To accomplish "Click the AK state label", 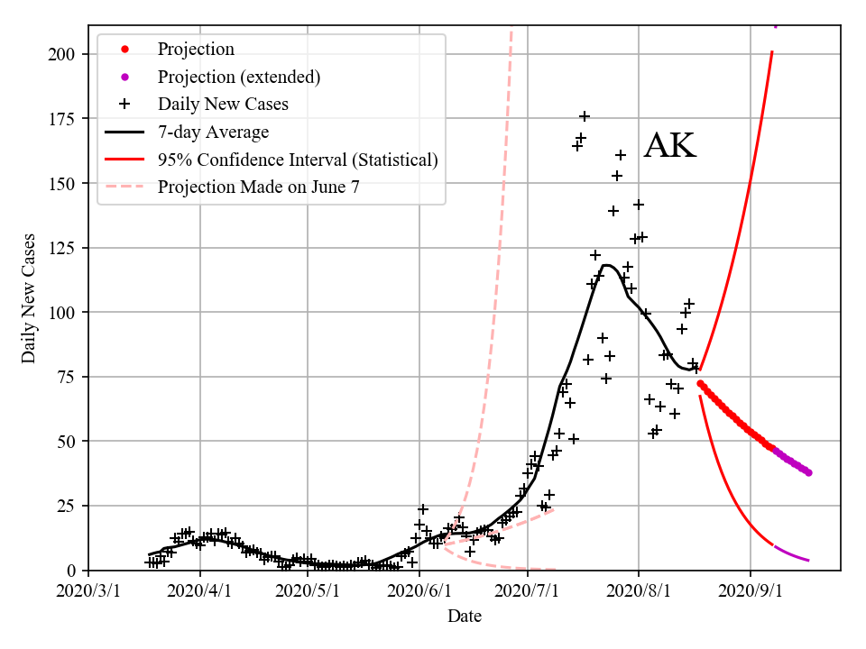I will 670,147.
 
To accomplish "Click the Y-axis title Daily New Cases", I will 29,298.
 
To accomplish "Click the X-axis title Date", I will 465,617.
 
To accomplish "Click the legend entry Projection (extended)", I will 238,77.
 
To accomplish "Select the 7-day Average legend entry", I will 213,133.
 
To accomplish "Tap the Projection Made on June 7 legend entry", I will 262,187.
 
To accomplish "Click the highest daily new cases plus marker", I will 585,116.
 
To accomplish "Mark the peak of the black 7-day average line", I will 606,265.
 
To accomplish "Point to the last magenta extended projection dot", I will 808,472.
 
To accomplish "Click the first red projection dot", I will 700,384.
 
